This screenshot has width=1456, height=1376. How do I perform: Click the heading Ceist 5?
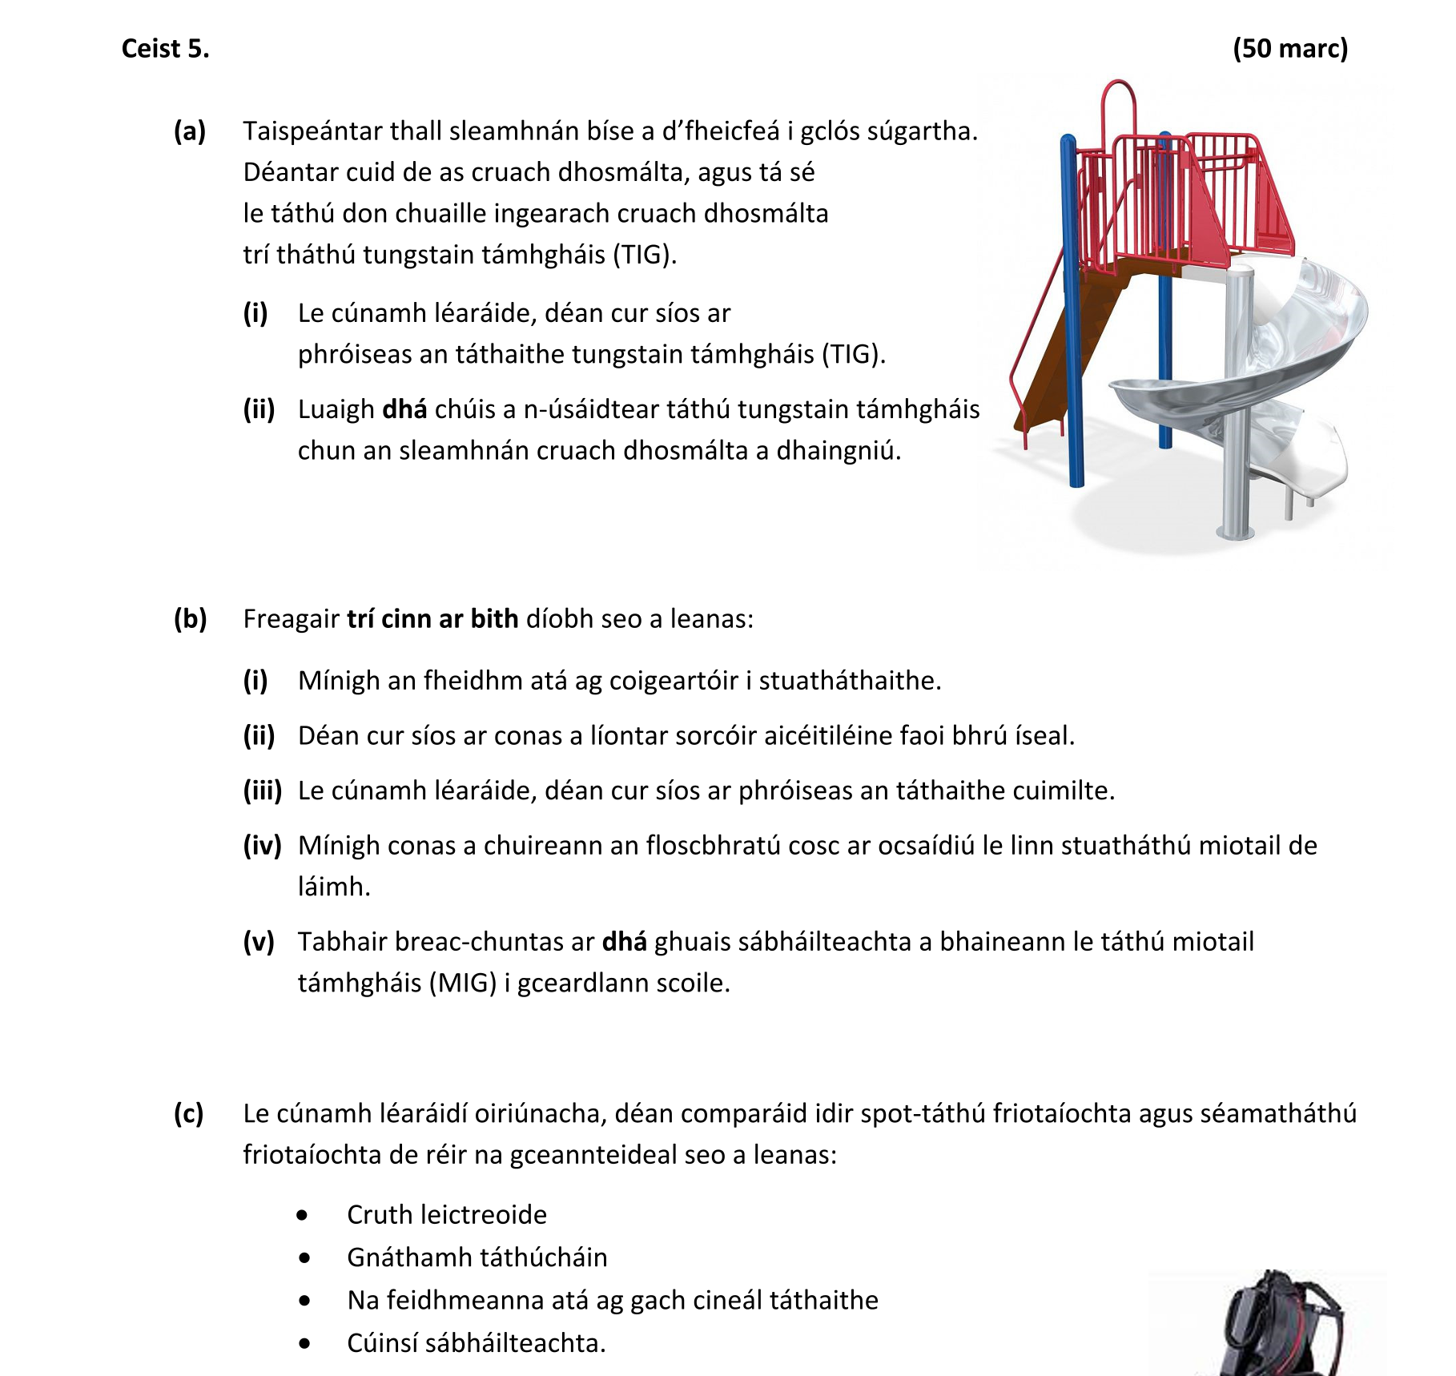coord(165,49)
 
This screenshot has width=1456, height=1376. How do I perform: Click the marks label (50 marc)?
coord(1289,49)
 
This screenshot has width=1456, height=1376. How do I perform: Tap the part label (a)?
coord(190,131)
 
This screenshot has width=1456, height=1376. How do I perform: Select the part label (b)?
coord(191,618)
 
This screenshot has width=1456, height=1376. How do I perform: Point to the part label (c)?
coord(189,1113)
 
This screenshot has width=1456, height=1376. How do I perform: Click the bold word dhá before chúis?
coord(404,409)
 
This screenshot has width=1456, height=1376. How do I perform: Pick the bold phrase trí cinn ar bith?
coord(432,618)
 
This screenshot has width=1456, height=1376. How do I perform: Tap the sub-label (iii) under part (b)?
coord(262,791)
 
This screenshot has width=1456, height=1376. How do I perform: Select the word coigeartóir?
coord(675,681)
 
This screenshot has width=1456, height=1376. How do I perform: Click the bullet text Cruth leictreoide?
coord(447,1214)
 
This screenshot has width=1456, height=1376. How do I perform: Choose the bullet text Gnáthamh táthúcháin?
coord(477,1257)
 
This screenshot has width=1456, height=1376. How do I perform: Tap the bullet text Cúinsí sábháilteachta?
coord(476,1342)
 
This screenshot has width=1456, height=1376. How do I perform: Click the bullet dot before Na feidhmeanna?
coord(304,1301)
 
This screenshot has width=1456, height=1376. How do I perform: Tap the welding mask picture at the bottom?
coord(1273,1326)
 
